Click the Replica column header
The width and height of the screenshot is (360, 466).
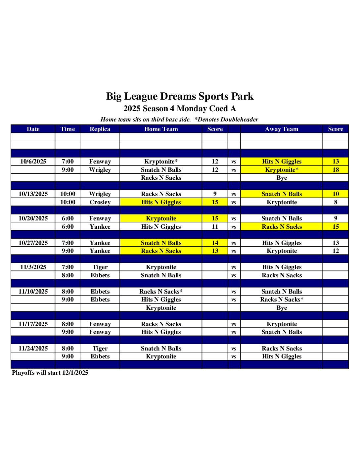[x=100, y=129]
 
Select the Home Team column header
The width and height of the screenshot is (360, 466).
[x=161, y=129]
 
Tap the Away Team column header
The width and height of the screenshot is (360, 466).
[x=282, y=129]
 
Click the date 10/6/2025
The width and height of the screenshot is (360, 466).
[x=33, y=162]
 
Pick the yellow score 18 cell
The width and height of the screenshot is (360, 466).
[x=336, y=170]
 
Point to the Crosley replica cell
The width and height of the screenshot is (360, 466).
[x=100, y=202]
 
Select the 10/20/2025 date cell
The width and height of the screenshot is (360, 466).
[x=33, y=218]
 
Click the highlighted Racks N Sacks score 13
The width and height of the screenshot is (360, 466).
[x=215, y=251]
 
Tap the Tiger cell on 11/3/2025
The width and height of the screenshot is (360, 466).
[x=100, y=267]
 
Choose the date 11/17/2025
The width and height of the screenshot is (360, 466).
[x=33, y=324]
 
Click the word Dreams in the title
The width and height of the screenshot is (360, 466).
[x=178, y=96]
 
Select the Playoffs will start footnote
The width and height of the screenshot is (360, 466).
[x=50, y=373]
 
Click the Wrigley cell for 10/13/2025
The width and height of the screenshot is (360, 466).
[x=100, y=194]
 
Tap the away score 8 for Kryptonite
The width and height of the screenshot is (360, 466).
[x=336, y=202]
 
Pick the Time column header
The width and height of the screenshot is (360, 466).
[x=67, y=129]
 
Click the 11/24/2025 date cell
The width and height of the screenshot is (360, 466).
[x=33, y=349]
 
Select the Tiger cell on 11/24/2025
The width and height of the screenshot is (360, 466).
[x=100, y=349]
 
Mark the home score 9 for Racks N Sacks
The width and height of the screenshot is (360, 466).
[x=215, y=194]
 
